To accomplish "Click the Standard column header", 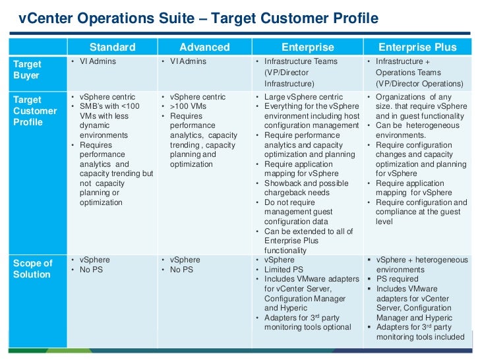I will click(112, 47).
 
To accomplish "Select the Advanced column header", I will click(204, 47).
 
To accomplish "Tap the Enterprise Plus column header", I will click(417, 47).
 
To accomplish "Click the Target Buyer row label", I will click(27, 70).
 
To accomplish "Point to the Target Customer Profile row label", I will click(35, 111).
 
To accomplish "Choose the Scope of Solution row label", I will click(32, 269).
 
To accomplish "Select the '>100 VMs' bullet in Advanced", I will click(188, 107).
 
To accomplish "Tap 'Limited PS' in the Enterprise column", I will click(284, 270).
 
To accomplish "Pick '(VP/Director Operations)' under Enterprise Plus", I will click(419, 84).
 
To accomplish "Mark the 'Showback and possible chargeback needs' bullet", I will click(305, 188).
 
